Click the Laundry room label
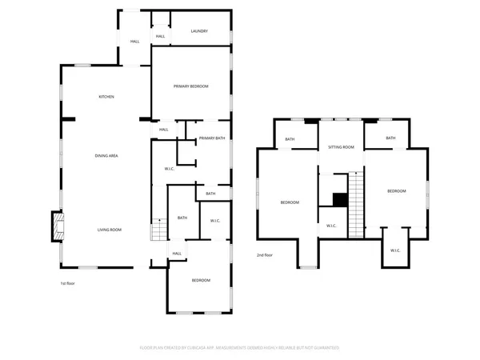(x=199, y=31)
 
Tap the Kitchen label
(x=106, y=97)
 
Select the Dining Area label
(x=107, y=155)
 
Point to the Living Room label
(x=110, y=230)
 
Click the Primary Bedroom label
(x=191, y=86)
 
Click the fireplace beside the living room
(x=58, y=227)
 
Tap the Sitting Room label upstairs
(x=341, y=147)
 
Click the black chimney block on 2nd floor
(x=339, y=199)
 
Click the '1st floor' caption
(x=68, y=284)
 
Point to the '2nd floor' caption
(x=264, y=255)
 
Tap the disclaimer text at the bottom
(x=240, y=348)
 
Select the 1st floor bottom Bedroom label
(x=201, y=280)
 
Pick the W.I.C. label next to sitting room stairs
(x=331, y=226)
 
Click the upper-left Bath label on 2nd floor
(x=290, y=140)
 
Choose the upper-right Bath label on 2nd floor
(x=390, y=138)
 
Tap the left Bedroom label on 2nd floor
(x=290, y=202)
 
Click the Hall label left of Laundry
(x=134, y=41)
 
